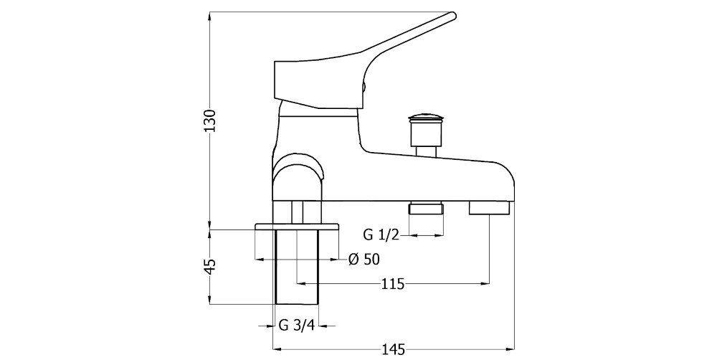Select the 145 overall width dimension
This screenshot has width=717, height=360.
click(394, 350)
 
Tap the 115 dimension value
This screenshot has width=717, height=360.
click(393, 284)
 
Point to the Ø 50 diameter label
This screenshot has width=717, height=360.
click(364, 260)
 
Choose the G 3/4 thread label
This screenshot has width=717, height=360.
click(297, 326)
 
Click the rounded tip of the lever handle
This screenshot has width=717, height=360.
click(452, 16)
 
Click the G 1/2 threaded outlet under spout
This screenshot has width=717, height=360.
click(426, 209)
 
